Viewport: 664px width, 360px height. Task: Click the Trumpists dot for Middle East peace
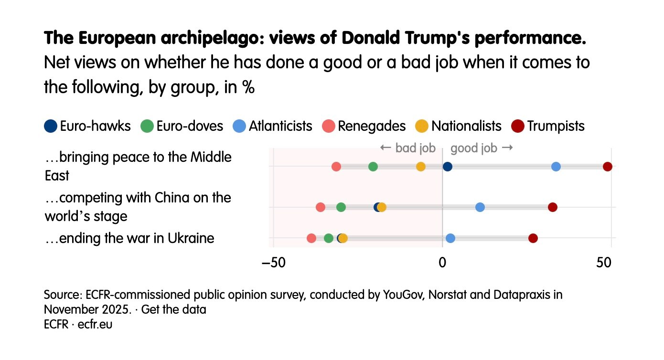(x=607, y=167)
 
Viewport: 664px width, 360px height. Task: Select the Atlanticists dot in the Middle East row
(x=556, y=167)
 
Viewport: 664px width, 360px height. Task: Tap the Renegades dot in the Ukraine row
(x=311, y=238)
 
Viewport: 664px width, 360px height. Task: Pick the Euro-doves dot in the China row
(x=341, y=207)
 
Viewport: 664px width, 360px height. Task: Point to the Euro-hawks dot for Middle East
(x=447, y=167)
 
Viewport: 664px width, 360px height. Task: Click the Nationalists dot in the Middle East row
(x=420, y=167)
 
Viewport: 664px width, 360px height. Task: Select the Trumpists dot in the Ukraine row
(x=533, y=238)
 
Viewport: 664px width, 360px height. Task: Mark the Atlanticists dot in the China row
(x=480, y=207)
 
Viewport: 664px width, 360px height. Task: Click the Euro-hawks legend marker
(x=50, y=126)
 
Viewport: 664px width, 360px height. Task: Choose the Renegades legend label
(x=372, y=126)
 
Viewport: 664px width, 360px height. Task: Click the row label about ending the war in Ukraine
(x=129, y=238)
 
